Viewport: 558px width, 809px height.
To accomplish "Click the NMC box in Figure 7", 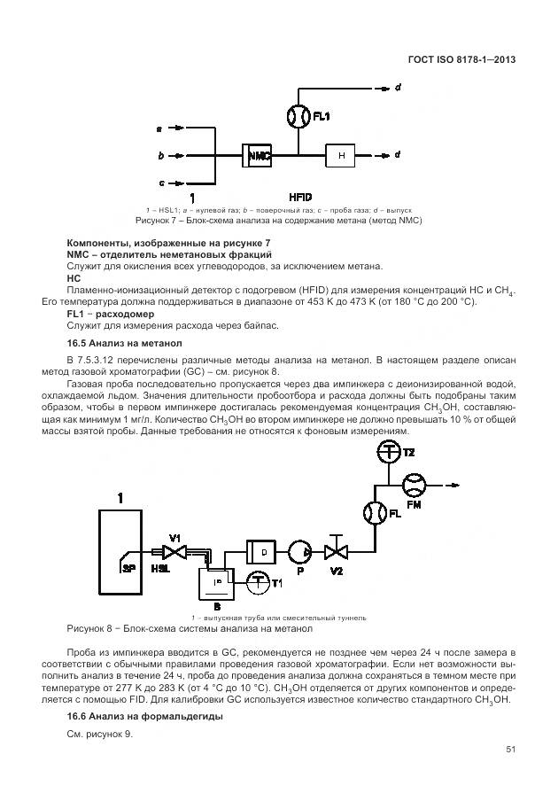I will pyautogui.click(x=258, y=155).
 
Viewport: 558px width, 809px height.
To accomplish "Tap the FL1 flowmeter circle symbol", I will pyautogui.click(x=298, y=116).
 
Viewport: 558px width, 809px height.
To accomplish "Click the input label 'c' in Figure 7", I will pyautogui.click(x=161, y=183).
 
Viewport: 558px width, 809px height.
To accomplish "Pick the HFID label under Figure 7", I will pyautogui.click(x=300, y=196).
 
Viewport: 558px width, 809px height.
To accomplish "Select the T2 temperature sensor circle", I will pyautogui.click(x=388, y=451).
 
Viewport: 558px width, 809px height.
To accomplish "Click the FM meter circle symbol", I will pyautogui.click(x=414, y=485).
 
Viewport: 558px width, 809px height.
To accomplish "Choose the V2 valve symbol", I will pyautogui.click(x=337, y=552).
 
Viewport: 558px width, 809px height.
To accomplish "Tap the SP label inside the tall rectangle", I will pyautogui.click(x=128, y=564).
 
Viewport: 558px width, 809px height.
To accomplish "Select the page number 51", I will pyautogui.click(x=511, y=750).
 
